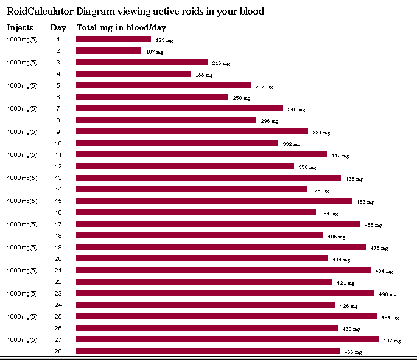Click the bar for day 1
tap(113, 39)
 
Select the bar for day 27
tap(227, 339)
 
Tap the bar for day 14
tap(191, 189)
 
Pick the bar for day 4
tap(133, 74)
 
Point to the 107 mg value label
tap(155, 52)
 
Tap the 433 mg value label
tap(352, 353)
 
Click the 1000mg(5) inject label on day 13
tap(22, 178)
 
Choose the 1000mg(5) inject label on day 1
tap(22, 40)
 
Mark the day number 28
tap(58, 351)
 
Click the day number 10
tap(58, 144)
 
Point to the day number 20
tap(58, 259)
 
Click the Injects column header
tap(20, 27)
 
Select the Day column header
tap(58, 27)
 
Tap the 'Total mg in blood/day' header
tap(121, 27)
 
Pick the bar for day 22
tap(204, 282)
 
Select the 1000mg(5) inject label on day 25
tap(22, 317)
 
